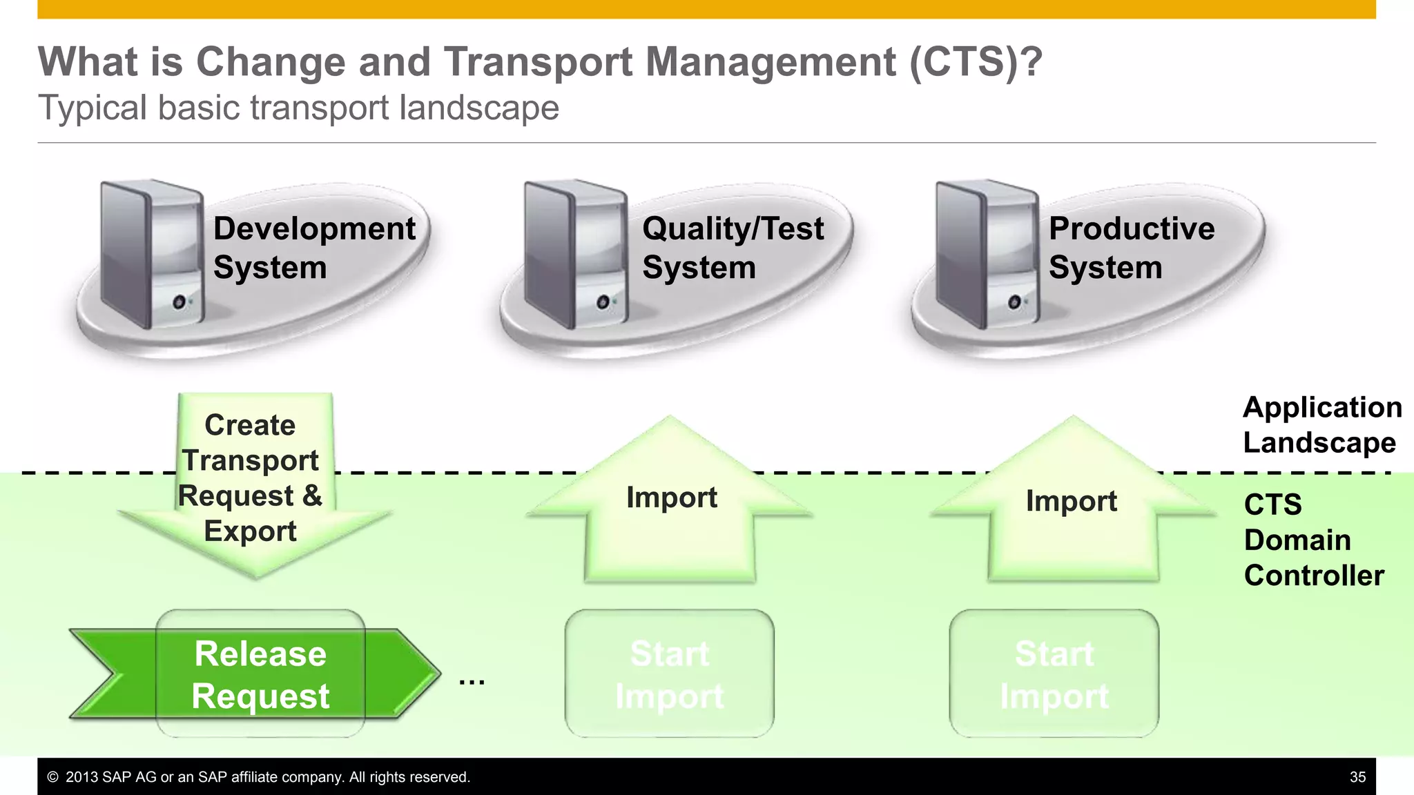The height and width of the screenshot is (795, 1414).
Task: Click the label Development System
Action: pos(314,248)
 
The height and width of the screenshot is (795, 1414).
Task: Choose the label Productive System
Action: pos(1131,248)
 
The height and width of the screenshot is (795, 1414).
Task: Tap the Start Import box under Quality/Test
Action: pos(669,674)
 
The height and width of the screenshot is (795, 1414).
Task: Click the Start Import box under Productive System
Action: pos(1054,674)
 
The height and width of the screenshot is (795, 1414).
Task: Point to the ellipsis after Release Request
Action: pos(472,682)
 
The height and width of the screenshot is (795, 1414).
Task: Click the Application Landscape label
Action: pos(1321,425)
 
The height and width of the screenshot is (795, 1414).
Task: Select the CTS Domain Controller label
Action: pos(1313,540)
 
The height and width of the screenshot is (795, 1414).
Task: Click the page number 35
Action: pos(1357,777)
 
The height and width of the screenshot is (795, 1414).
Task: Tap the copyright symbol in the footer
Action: pos(52,777)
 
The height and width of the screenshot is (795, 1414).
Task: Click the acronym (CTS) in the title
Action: pos(974,62)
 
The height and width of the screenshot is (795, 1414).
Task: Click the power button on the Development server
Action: pos(179,302)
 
